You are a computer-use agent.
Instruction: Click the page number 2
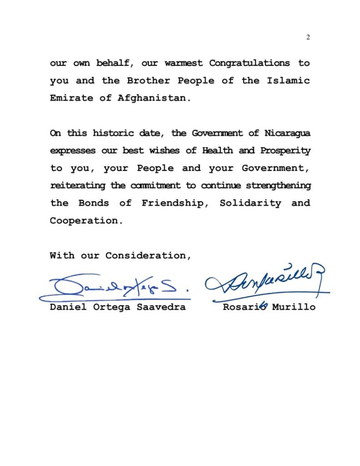pyautogui.click(x=308, y=37)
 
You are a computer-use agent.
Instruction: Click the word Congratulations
pyautogui.click(x=249, y=63)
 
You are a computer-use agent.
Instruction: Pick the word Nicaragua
pyautogui.click(x=287, y=133)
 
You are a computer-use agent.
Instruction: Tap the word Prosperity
pyautogui.click(x=285, y=151)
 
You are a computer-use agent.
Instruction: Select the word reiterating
pyautogui.click(x=78, y=186)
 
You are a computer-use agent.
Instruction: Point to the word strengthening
pyautogui.click(x=279, y=186)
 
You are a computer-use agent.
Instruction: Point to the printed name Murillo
pyautogui.click(x=294, y=307)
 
